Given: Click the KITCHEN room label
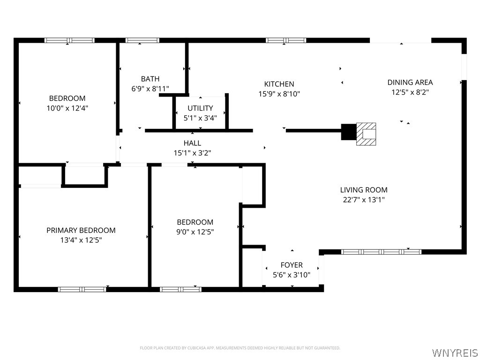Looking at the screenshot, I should click(279, 84).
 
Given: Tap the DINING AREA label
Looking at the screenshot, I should click(410, 82).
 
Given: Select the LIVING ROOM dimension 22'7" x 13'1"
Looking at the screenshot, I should click(364, 200).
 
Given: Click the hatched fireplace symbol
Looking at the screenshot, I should click(366, 134).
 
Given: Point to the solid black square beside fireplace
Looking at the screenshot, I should click(348, 132).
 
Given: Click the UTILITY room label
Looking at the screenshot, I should click(200, 108).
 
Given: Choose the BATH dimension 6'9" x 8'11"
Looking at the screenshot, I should click(150, 89).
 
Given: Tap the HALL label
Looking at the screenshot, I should click(192, 143).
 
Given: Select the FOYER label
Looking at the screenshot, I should click(292, 265).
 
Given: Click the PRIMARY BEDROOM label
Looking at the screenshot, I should click(81, 230).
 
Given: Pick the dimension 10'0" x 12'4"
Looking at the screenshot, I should click(67, 108).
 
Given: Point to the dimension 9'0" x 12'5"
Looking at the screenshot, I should click(195, 232).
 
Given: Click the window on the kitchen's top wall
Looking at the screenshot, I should click(286, 40).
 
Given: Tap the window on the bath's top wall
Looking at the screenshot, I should click(142, 40).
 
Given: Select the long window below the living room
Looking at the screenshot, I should click(381, 252).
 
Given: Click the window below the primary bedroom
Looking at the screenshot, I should click(82, 289).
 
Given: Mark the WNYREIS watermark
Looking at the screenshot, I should click(455, 352).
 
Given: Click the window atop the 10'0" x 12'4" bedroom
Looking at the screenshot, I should click(69, 40).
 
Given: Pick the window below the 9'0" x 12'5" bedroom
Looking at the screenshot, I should click(180, 289).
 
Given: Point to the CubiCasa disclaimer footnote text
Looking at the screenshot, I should click(240, 348).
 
